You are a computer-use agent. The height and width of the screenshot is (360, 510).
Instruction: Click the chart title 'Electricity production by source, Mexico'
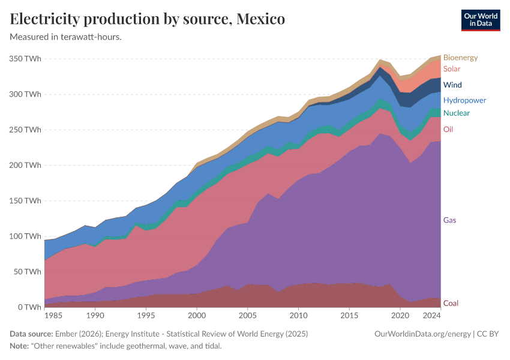click(147, 19)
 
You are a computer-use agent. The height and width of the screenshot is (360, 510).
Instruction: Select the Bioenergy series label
click(460, 58)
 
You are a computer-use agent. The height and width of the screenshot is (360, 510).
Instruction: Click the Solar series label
click(452, 69)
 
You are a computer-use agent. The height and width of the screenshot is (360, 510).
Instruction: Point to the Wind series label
click(452, 85)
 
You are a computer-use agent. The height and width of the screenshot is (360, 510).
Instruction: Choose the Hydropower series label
click(464, 100)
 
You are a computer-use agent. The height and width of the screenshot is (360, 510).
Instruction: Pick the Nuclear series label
click(456, 113)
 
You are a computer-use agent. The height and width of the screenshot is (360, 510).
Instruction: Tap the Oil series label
click(448, 130)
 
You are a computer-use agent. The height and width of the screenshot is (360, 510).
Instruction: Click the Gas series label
click(449, 220)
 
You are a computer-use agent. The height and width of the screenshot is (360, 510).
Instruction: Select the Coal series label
click(451, 303)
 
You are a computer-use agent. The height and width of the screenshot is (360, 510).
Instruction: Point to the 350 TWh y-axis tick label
click(25, 59)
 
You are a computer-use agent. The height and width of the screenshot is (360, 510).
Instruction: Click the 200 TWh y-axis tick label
click(25, 165)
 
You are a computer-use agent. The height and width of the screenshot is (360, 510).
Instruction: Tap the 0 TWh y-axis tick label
click(29, 307)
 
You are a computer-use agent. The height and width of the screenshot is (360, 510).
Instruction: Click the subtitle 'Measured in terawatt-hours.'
click(66, 37)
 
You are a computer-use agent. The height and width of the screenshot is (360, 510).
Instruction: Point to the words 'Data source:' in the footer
click(31, 334)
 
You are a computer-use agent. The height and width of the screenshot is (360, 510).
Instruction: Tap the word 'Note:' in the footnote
click(20, 346)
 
